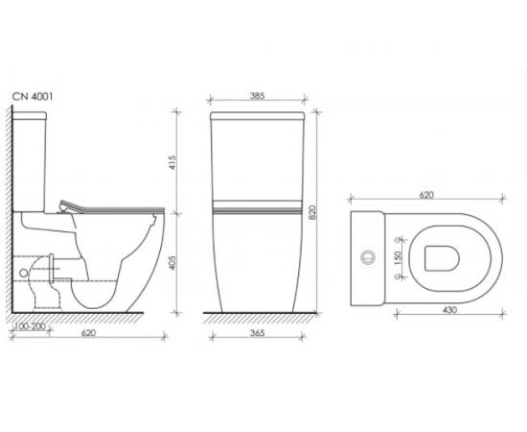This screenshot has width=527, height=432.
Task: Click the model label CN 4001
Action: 33,97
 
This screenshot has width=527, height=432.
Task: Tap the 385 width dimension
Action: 257,96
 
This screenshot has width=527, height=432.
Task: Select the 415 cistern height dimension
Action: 172,162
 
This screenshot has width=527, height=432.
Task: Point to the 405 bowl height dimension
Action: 172,262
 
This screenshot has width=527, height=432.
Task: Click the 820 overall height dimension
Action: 312,212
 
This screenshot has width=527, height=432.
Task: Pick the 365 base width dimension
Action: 258,333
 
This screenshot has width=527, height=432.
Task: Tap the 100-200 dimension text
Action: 31,326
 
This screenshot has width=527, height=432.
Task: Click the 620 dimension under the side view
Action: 89,333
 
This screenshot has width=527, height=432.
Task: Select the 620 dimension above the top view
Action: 426,195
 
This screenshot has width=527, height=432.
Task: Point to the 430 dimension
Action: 449,310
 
